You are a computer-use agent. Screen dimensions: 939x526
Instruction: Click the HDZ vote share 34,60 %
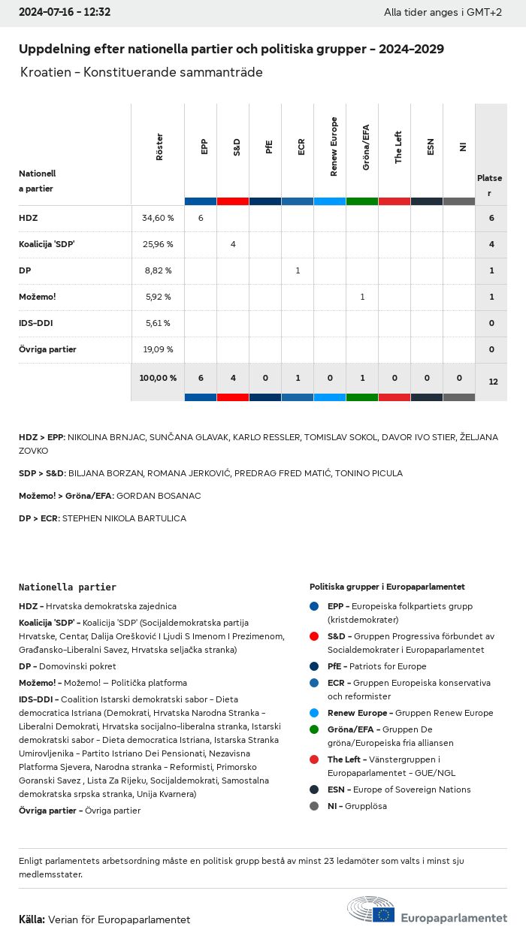pos(158,218)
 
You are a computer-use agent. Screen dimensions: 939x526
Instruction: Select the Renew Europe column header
pos(334,147)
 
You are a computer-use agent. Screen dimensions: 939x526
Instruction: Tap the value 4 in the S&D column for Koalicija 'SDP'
pos(233,244)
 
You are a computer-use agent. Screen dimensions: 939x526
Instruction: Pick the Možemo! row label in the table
pos(38,297)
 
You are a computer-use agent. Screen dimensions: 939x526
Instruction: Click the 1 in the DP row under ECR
pos(298,270)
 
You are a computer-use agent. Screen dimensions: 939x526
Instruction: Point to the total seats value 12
pos(493,382)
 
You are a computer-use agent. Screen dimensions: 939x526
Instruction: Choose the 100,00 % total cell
pos(158,378)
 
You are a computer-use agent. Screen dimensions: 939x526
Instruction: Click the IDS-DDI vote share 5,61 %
pos(158,323)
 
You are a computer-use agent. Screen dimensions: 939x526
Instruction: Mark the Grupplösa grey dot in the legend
pos(313,806)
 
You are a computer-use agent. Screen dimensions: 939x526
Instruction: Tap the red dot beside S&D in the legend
pos(313,636)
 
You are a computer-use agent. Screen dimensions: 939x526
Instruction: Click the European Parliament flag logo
pos(385,914)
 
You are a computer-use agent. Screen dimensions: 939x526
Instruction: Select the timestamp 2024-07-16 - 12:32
pos(65,12)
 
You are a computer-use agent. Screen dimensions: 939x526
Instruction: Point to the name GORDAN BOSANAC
pos(159,496)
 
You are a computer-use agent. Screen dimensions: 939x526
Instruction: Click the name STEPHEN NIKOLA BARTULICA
pos(124,518)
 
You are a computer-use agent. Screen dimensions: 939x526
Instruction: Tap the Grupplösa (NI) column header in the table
pos(463,147)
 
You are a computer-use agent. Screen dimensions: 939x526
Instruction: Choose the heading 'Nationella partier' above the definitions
pos(68,587)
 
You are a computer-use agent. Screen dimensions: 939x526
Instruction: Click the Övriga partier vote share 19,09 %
pos(158,349)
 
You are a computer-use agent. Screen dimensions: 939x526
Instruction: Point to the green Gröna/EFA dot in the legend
pos(313,729)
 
